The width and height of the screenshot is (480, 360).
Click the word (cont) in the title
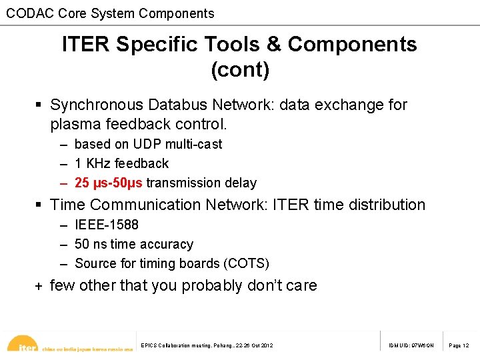tap(239, 69)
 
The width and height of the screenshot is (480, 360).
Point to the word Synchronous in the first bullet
tap(97, 105)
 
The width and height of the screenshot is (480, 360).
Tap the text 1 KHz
tap(93, 163)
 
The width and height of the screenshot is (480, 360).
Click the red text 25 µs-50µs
tap(109, 183)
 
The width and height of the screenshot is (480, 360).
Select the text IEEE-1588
tap(107, 225)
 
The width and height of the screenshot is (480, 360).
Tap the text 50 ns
tap(91, 245)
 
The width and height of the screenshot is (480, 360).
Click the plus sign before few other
tap(39, 286)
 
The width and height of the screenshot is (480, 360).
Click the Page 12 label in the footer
tap(459, 345)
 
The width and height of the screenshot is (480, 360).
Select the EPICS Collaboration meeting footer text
tap(207, 345)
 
